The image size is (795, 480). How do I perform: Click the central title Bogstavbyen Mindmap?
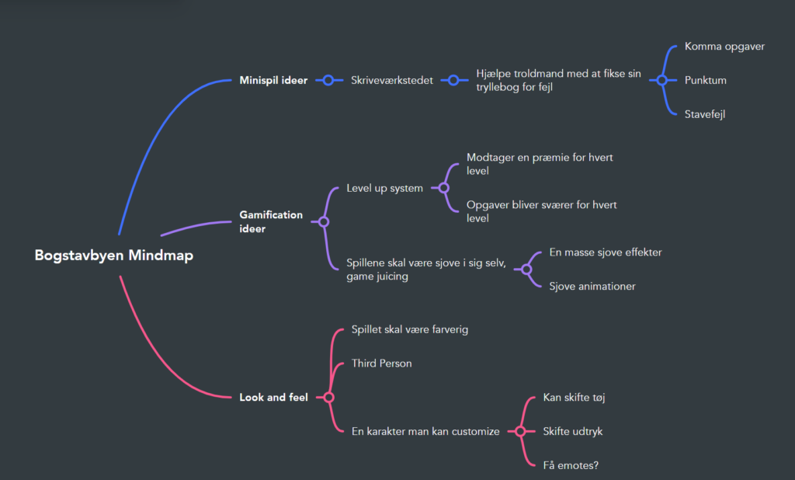pyautogui.click(x=113, y=256)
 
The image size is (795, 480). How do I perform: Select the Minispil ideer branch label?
pyautogui.click(x=273, y=80)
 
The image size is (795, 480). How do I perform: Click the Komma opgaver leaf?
pyautogui.click(x=724, y=47)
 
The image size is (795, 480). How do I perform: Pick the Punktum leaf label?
pyautogui.click(x=705, y=80)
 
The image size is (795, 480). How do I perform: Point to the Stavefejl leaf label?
pyautogui.click(x=705, y=114)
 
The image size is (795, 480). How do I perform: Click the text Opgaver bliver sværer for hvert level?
pyautogui.click(x=541, y=211)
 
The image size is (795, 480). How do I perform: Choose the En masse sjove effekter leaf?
pyautogui.click(x=605, y=252)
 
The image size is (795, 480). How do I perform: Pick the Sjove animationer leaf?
pyautogui.click(x=592, y=287)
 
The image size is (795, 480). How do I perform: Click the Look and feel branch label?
pyautogui.click(x=273, y=398)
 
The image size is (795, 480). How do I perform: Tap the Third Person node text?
pyautogui.click(x=381, y=363)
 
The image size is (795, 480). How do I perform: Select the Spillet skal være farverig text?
pyautogui.click(x=409, y=329)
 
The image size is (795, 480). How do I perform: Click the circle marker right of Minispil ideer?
pyautogui.click(x=328, y=80)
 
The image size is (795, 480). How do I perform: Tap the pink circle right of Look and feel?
pyautogui.click(x=328, y=398)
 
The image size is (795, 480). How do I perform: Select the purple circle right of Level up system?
pyautogui.click(x=444, y=188)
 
